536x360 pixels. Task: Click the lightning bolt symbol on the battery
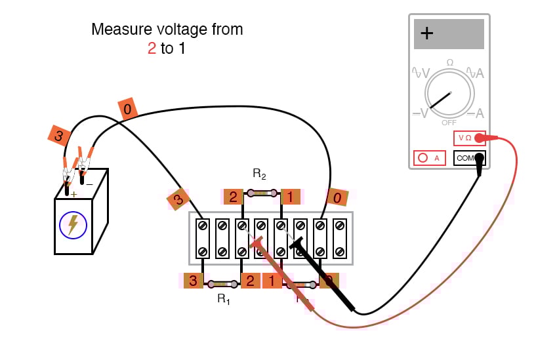73,225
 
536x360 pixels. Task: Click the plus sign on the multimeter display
427,34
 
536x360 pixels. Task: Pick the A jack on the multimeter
429,158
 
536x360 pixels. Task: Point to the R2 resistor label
259,174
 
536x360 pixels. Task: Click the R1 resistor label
224,299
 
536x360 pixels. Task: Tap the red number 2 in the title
152,49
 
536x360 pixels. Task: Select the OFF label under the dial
449,123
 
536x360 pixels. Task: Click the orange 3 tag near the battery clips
59,136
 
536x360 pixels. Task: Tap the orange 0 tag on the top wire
127,108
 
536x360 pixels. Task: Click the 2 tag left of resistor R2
233,196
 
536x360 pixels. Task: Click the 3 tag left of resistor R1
193,281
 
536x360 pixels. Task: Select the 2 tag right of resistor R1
250,281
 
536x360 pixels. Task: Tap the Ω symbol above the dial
449,62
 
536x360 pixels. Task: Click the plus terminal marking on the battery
73,194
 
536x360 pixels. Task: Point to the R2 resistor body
262,193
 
